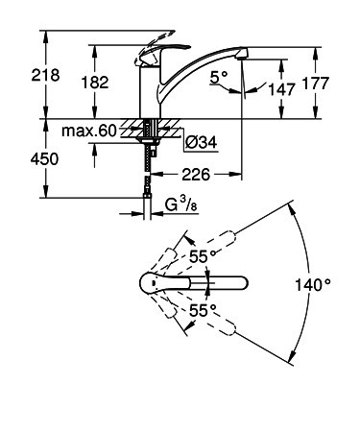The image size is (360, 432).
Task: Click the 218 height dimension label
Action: pos(45,76)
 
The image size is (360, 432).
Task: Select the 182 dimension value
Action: pos(95,83)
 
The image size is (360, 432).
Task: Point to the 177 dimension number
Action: pos(316,84)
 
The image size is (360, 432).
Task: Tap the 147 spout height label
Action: pos(281,89)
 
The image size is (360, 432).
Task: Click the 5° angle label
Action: pos(219,77)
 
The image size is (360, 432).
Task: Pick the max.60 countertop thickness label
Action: pos(89,131)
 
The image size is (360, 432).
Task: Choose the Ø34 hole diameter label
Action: pos(202,142)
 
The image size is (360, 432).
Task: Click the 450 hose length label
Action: pos(44,159)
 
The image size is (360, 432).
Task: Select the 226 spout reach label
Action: pos(196,174)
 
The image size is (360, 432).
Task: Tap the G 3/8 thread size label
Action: pos(181,204)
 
